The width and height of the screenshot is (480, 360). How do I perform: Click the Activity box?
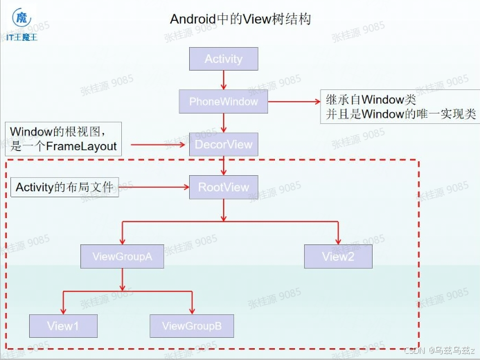[x=224, y=59]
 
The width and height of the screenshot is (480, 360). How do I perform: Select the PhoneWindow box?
[x=223, y=102]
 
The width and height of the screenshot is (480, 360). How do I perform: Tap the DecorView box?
[x=223, y=145]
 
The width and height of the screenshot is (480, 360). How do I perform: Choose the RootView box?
[x=223, y=187]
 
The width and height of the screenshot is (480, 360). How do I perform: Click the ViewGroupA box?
[x=122, y=257]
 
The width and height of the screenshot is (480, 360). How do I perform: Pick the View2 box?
[x=338, y=257]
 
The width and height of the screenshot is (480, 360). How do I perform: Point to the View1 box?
[x=63, y=326]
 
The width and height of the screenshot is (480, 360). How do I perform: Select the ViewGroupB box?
[x=192, y=326]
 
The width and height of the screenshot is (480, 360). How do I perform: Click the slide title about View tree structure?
[x=240, y=19]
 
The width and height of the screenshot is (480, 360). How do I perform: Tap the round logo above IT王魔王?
[x=22, y=18]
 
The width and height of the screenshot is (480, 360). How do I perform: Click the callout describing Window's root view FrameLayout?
[x=63, y=138]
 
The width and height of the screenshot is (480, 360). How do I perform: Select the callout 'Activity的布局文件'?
[x=65, y=187]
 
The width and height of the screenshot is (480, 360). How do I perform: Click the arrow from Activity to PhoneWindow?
[x=224, y=80]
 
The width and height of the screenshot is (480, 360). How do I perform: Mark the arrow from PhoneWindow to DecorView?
[x=224, y=123]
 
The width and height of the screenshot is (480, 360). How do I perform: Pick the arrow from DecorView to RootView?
[x=224, y=165]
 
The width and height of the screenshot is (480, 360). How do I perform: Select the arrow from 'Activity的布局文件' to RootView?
[x=154, y=187]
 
